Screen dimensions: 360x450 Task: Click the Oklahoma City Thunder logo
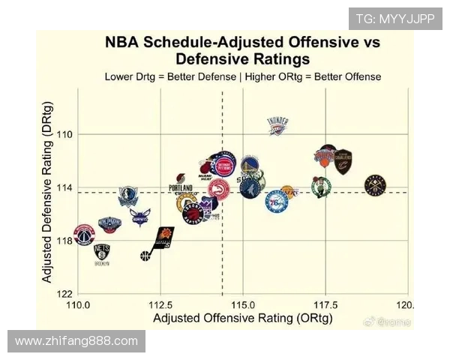(277, 126)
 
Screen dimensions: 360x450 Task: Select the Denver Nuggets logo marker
(375, 184)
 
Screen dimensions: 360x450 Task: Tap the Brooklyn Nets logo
(102, 253)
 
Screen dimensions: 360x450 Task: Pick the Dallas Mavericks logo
(128, 196)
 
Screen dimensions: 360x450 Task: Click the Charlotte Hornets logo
(139, 217)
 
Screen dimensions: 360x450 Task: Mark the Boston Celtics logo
(321, 187)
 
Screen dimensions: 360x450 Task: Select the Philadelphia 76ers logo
(276, 201)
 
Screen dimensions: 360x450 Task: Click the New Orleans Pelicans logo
(109, 224)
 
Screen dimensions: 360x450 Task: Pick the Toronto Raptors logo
(193, 214)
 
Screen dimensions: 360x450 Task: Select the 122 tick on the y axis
(65, 293)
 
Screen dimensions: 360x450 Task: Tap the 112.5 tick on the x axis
(160, 305)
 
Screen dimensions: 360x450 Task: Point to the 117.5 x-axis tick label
(324, 305)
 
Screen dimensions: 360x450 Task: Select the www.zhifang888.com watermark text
(76, 341)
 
